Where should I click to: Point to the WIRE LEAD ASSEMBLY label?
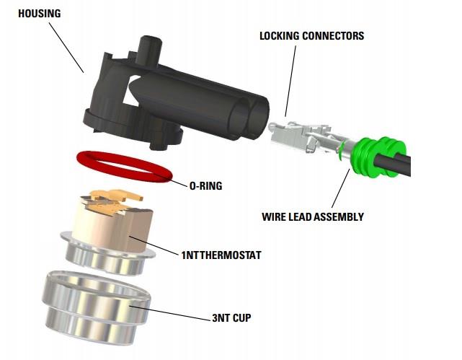click(x=321, y=216)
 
